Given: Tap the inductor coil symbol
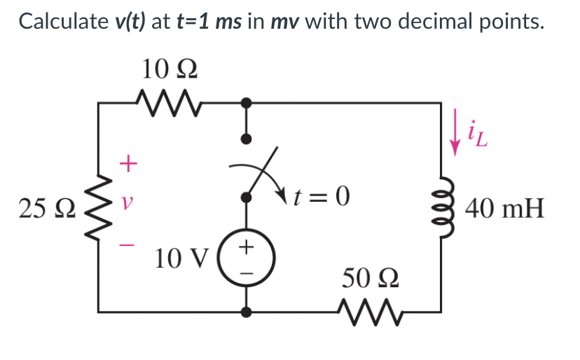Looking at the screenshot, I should tap(442, 209).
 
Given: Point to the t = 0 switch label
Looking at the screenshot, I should tap(322, 198).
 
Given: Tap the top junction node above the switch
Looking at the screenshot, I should tap(246, 102).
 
